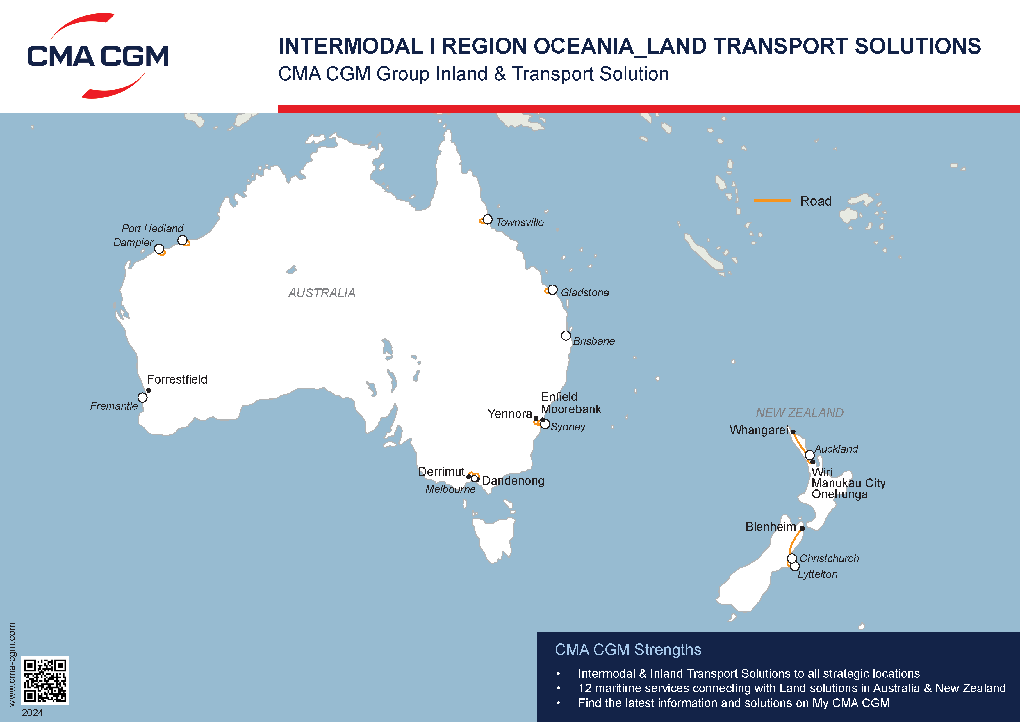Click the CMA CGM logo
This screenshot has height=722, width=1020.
point(98,56)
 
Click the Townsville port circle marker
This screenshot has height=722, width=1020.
point(487,219)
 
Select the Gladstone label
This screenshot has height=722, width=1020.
point(585,292)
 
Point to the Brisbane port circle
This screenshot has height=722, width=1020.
point(566,336)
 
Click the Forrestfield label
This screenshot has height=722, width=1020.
point(177,379)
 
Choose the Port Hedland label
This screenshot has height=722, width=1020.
point(152,228)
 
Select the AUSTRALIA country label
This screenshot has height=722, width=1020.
point(322,293)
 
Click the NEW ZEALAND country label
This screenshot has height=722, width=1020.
point(800,413)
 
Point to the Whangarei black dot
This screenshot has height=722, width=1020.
point(793,432)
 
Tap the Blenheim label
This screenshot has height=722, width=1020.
point(770,527)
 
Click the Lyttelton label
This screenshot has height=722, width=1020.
point(817,574)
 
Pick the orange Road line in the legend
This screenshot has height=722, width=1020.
point(772,201)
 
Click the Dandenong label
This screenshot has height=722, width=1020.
point(513,481)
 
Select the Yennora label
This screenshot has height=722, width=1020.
point(509,414)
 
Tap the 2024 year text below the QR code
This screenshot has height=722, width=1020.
point(33,713)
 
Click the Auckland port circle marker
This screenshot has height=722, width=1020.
point(809,455)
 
